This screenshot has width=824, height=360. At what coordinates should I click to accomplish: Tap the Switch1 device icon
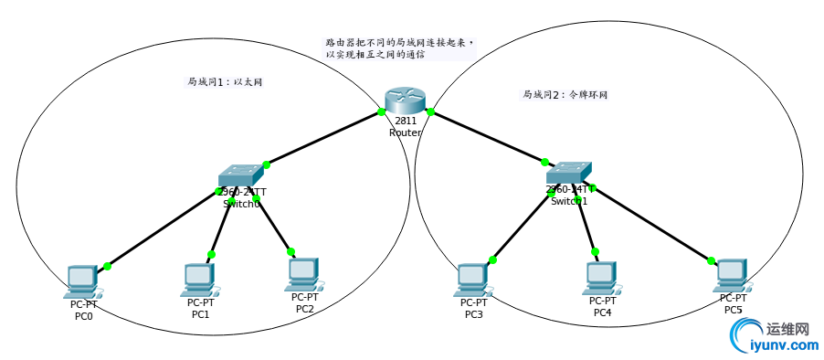[569, 173]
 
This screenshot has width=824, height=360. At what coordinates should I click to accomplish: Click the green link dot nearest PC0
[108, 266]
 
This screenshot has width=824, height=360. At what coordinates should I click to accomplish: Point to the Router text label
[405, 132]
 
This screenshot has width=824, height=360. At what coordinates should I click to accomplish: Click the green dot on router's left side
[381, 112]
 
